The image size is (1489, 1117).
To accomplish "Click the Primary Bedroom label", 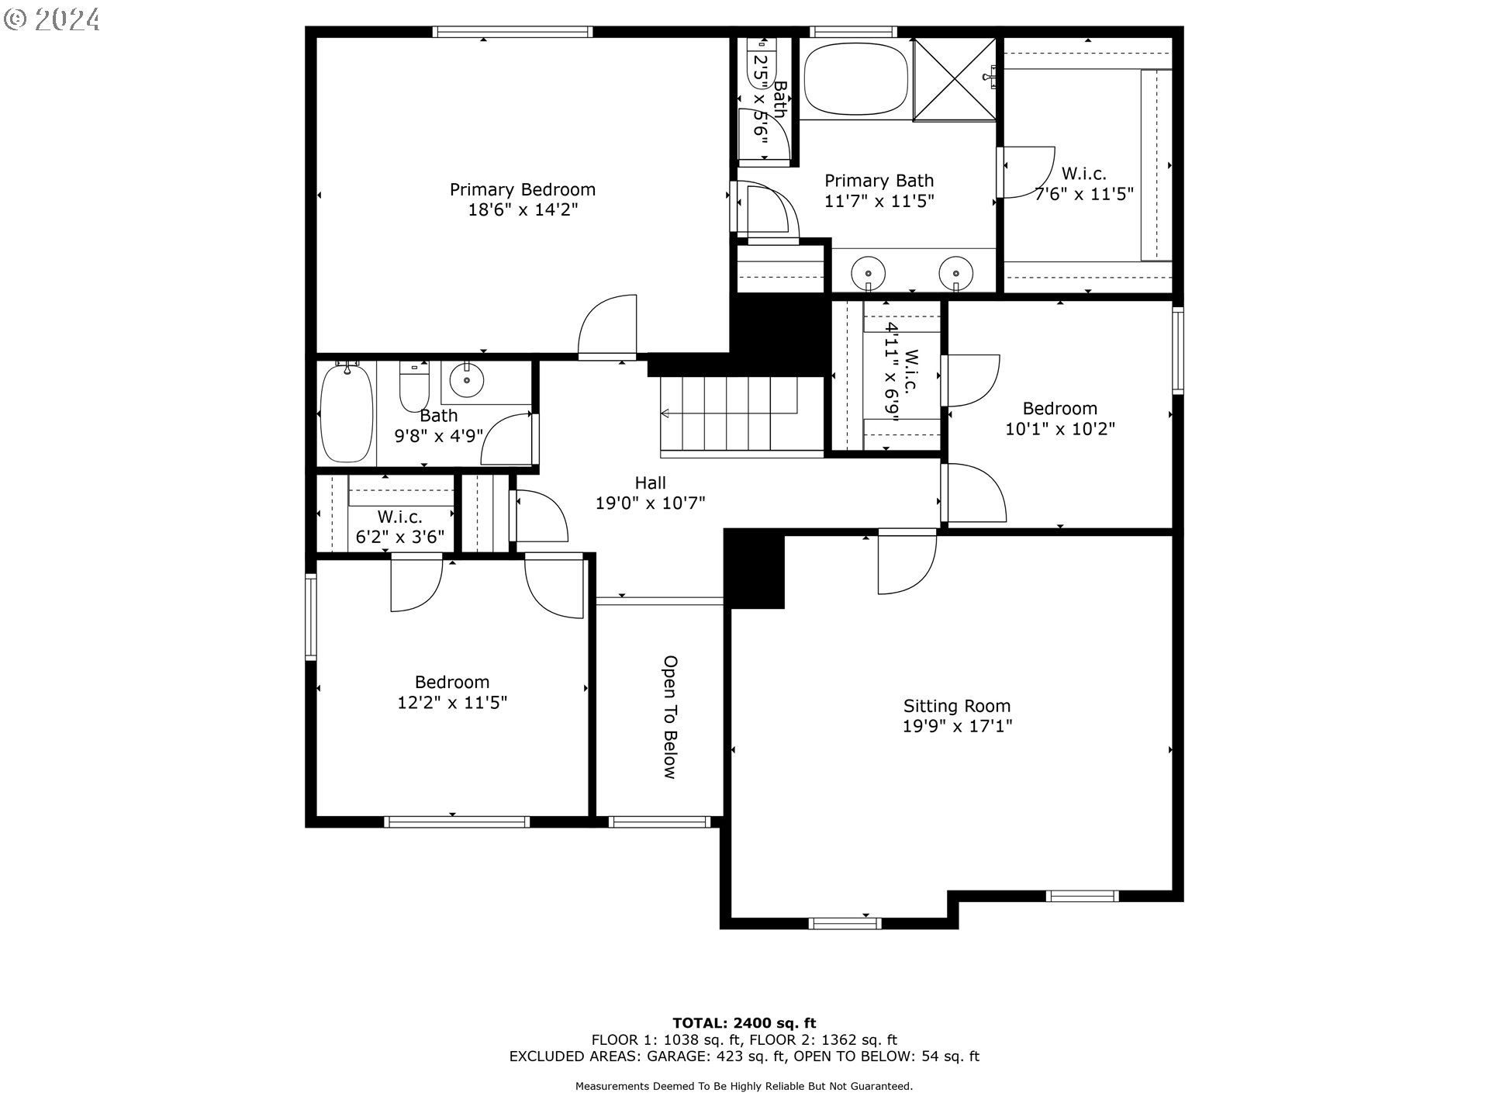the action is [x=523, y=190].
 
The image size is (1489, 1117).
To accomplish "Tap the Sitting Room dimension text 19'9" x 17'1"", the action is [x=957, y=726].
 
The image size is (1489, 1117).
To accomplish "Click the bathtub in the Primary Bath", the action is [x=855, y=79].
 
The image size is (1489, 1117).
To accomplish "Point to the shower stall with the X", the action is [x=955, y=79].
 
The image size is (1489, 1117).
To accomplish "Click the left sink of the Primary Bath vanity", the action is [x=869, y=273].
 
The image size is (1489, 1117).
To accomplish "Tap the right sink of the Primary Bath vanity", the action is [x=956, y=273].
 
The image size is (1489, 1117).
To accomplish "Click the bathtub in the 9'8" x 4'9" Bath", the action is [x=347, y=413].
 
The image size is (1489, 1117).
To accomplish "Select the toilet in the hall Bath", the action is [x=415, y=386].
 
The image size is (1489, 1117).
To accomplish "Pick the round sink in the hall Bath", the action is [x=467, y=380].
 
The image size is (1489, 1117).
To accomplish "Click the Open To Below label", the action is [x=670, y=717].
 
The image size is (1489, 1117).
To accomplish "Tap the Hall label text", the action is [x=651, y=483].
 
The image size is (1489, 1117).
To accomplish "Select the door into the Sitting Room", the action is [x=907, y=562].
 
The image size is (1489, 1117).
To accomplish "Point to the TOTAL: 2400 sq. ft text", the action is [x=744, y=1023].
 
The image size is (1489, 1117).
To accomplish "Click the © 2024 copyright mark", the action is [x=51, y=19].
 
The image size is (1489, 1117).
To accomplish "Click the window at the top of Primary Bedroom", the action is [x=513, y=32].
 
